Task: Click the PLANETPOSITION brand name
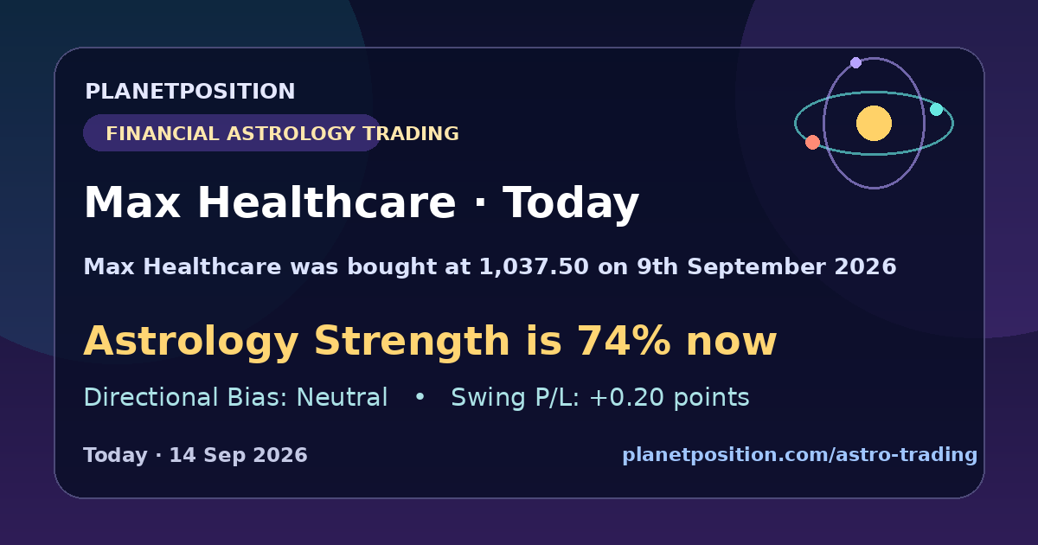(190, 91)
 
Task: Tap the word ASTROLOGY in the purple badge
(291, 133)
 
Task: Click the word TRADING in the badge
(411, 133)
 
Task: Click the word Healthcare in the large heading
(327, 202)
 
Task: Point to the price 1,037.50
(534, 267)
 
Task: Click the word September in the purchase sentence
(756, 267)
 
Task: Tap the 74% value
(624, 341)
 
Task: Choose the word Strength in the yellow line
(412, 342)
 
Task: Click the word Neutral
(342, 398)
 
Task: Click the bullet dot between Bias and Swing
(420, 397)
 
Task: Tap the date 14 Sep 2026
(238, 455)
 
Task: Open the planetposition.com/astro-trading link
(800, 455)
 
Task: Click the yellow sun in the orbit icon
(874, 123)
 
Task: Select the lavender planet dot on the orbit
(855, 62)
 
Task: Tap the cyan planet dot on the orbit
(937, 109)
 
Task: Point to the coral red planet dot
(812, 142)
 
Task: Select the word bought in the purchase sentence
(392, 267)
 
